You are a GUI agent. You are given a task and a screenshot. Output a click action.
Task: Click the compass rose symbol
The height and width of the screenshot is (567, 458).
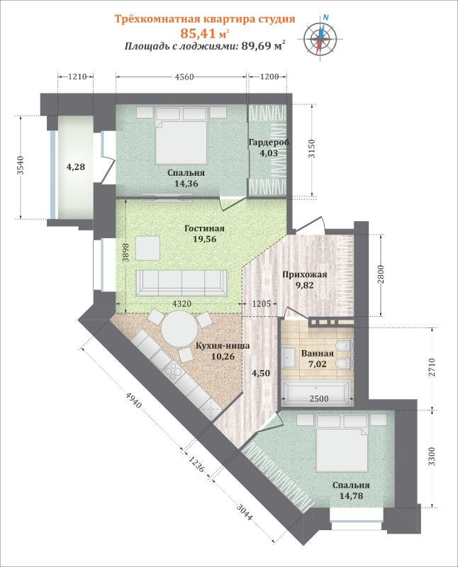[320, 37]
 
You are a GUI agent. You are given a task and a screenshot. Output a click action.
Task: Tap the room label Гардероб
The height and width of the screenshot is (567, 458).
[269, 142]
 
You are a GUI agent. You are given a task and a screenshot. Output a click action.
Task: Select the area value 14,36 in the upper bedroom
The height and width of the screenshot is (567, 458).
[186, 184]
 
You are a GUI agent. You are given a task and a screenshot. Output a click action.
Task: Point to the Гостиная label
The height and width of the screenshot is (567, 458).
[204, 228]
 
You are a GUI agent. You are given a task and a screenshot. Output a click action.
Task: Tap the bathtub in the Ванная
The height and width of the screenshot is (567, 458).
[315, 392]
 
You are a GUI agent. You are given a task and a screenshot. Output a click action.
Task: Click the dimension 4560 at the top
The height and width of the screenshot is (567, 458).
[184, 77]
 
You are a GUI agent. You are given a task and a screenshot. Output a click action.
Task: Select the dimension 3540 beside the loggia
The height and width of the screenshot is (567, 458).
[21, 165]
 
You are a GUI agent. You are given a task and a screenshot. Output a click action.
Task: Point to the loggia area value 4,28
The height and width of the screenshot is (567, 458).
[76, 167]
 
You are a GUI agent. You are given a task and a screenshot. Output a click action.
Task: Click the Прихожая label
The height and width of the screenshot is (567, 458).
[304, 274]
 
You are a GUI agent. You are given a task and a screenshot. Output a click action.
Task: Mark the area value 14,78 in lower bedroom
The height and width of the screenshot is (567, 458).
[351, 495]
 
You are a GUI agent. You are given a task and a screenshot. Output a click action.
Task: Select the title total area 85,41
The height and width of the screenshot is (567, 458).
[198, 33]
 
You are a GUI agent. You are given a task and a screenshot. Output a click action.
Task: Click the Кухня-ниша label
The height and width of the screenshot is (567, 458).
[223, 346]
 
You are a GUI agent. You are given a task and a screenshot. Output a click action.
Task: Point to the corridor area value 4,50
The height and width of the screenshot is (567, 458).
[261, 374]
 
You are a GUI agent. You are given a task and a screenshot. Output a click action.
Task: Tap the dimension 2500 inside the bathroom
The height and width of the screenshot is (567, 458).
[318, 398]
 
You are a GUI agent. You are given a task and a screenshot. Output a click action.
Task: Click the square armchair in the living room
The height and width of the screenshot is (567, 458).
[148, 249]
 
